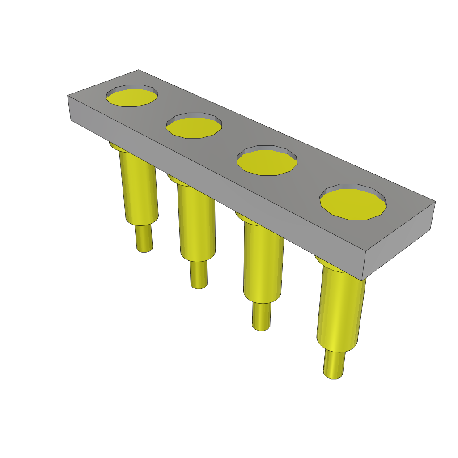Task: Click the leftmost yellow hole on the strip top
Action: pyautogui.click(x=131, y=98)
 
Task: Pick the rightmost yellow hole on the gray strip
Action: pyautogui.click(x=352, y=204)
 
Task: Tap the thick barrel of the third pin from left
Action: pyautogui.click(x=263, y=264)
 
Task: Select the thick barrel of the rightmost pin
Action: pyautogui.click(x=339, y=309)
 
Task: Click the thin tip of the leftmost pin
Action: pyautogui.click(x=144, y=238)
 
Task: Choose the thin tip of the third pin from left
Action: pyautogui.click(x=261, y=317)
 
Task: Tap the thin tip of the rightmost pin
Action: pyautogui.click(x=334, y=365)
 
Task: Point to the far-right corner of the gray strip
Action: pyautogui.click(x=435, y=202)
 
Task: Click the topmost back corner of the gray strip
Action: pyautogui.click(x=139, y=70)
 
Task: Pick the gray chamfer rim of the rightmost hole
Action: pyautogui.click(x=353, y=186)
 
